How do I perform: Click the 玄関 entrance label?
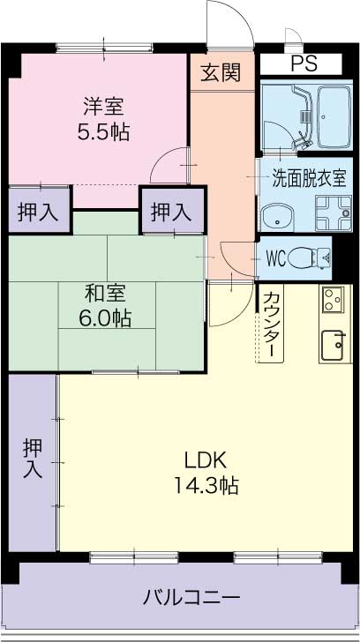pos(221,74)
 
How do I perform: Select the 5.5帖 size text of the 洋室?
pos(103,131)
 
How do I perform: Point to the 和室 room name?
pos(103,292)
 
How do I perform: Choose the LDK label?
pos(206,459)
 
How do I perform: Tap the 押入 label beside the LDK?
pos(32,459)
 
